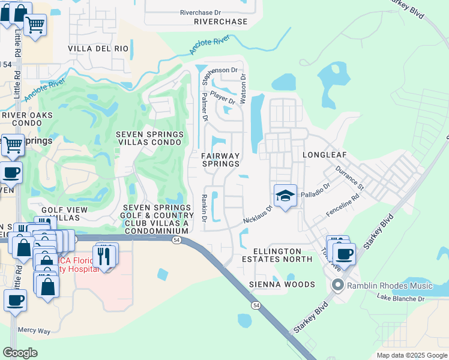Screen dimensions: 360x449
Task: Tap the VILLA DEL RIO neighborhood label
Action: point(98,48)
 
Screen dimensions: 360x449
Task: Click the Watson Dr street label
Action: point(243,88)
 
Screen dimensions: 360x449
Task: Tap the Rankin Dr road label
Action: point(205,208)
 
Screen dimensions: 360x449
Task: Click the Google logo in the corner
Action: point(20,353)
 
